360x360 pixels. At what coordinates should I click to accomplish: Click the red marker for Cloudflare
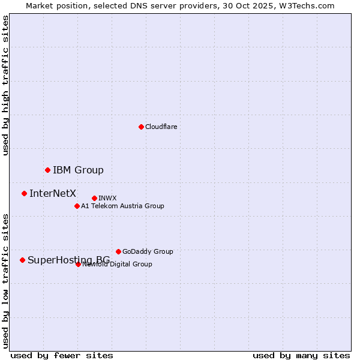[141, 127]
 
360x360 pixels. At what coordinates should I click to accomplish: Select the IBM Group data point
[47, 170]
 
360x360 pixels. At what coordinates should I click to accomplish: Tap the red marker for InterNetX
[24, 193]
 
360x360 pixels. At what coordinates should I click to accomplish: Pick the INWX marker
[94, 198]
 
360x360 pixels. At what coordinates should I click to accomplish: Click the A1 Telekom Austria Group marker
[77, 206]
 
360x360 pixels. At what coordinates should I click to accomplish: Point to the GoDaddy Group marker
[118, 251]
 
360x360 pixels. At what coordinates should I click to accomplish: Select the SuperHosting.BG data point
[22, 260]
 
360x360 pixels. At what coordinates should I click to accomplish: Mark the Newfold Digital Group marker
[78, 264]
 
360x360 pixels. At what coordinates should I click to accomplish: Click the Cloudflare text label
[161, 127]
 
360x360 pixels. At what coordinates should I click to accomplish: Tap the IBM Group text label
[78, 170]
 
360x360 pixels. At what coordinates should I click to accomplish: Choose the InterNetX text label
[53, 193]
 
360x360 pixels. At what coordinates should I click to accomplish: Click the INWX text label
[107, 198]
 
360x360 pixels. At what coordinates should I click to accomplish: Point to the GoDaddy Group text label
[148, 251]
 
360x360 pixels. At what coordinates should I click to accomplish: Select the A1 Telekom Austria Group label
[122, 206]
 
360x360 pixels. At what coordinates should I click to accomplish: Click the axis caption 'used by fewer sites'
[62, 355]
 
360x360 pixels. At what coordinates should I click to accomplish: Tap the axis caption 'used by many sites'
[301, 355]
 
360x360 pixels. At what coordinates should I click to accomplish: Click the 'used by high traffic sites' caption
[5, 86]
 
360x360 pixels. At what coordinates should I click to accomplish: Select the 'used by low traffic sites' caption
[5, 280]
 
